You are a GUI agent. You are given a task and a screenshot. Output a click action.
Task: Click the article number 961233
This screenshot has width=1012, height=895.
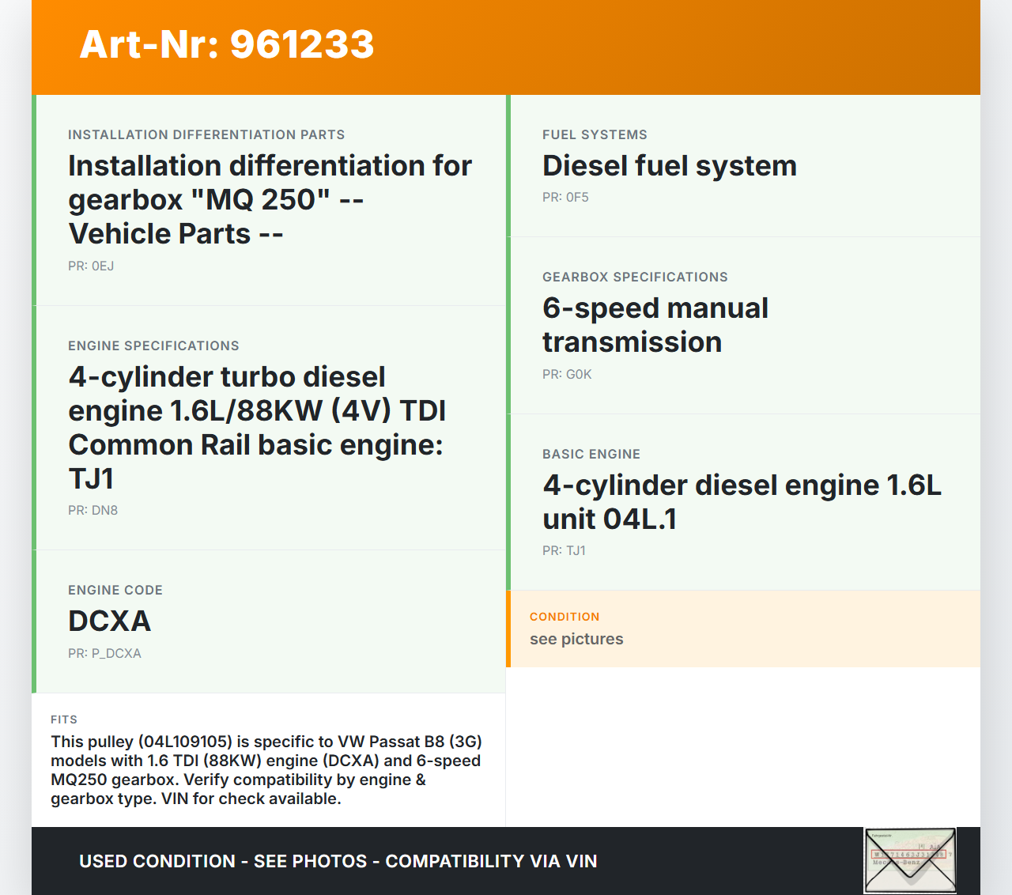coord(302,44)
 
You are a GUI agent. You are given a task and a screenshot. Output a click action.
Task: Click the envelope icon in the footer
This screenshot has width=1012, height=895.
coord(910,860)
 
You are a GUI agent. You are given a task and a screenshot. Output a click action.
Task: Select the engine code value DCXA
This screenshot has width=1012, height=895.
coord(109,621)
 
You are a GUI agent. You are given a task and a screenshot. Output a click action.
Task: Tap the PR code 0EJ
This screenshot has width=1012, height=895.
coord(103,266)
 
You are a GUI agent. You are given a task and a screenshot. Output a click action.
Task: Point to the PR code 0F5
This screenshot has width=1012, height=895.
coord(577,198)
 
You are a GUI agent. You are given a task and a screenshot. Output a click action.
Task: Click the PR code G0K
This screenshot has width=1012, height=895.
coord(579,375)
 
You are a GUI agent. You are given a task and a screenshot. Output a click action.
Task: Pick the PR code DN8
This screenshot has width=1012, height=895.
coord(104,511)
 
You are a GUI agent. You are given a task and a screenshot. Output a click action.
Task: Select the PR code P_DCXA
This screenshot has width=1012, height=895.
coord(116,653)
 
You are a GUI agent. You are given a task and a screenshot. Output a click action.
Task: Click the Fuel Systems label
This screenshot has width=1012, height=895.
coord(595,135)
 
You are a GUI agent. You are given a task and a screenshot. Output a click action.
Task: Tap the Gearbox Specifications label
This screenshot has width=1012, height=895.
coord(635,278)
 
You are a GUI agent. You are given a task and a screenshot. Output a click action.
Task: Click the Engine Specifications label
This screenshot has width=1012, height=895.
coord(153,346)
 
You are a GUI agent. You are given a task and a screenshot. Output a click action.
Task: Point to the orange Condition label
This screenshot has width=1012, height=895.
coord(565,617)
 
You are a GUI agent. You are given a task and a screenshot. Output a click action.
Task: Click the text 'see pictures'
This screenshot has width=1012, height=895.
coord(576,640)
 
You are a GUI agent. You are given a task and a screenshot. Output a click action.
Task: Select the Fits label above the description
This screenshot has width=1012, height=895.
coord(64,719)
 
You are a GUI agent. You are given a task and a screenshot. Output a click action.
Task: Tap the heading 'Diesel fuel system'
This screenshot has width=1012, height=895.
coord(670,166)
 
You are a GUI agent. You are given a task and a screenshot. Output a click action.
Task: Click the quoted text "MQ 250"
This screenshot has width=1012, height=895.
coord(260,199)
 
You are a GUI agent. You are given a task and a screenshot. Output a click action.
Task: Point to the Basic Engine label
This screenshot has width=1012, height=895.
coord(591,454)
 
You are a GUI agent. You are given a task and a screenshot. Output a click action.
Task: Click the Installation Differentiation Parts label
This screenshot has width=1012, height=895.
coord(206,135)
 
